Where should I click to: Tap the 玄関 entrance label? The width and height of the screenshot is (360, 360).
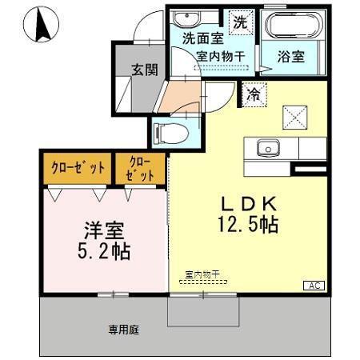click(x=145, y=70)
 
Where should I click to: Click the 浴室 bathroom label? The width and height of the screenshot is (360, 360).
click(x=290, y=57)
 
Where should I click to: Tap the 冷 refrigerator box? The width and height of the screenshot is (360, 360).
click(x=253, y=94)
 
